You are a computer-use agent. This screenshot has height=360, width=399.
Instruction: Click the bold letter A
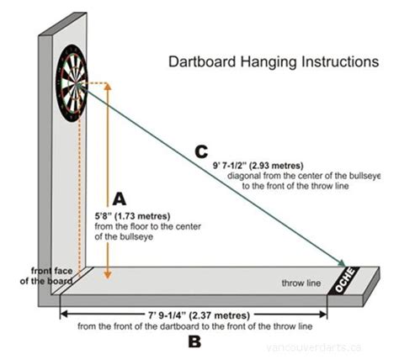click(119, 199)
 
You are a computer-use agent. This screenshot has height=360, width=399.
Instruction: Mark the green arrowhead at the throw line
click(344, 263)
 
